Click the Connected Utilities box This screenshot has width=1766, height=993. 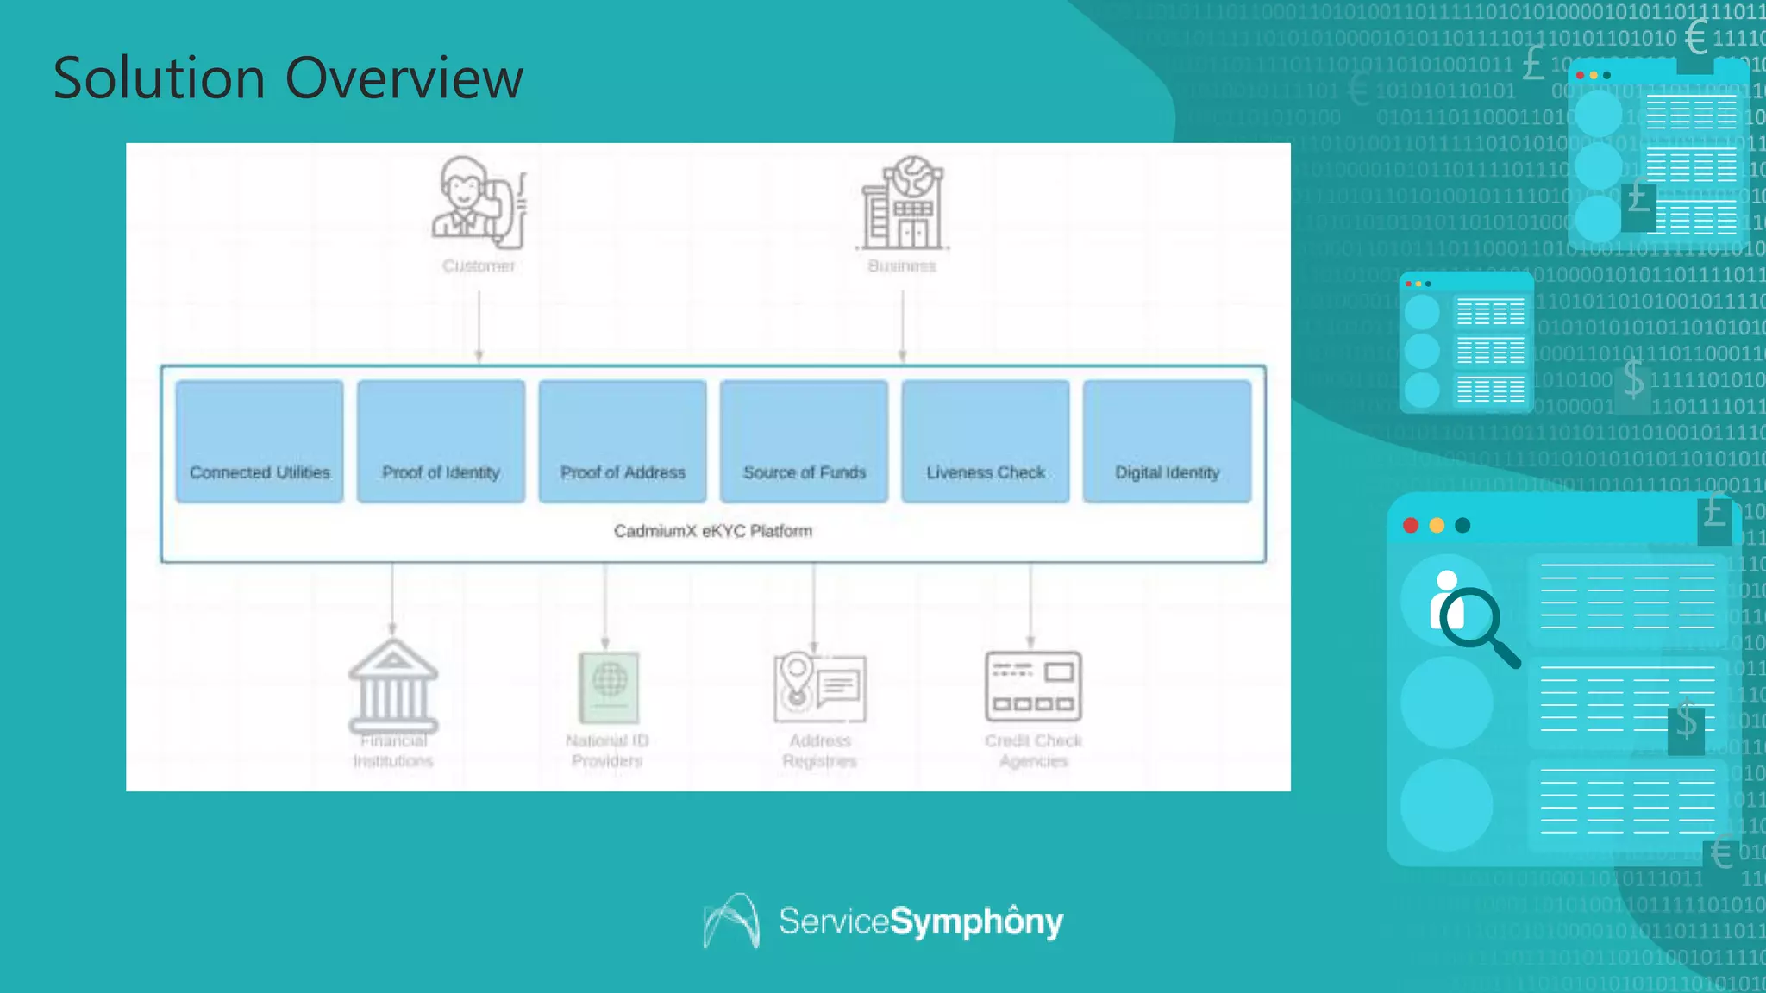pos(260,441)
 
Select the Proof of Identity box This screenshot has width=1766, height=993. pos(441,441)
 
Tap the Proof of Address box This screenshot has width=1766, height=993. pos(623,441)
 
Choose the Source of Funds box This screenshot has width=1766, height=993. pos(804,441)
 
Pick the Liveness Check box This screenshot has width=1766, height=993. pos(986,441)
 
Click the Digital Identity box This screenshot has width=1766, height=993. pos(1167,441)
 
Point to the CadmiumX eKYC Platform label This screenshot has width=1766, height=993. pos(713,531)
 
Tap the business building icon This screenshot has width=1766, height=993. pos(903,204)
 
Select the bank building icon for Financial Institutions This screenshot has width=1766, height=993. pos(393,686)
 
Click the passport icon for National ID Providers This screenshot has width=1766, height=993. pos(608,687)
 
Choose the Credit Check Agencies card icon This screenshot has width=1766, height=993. pos(1033,686)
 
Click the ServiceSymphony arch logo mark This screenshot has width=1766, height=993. pos(732,921)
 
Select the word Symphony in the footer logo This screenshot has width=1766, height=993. pos(976,921)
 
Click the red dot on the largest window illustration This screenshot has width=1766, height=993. pos(1411,526)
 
